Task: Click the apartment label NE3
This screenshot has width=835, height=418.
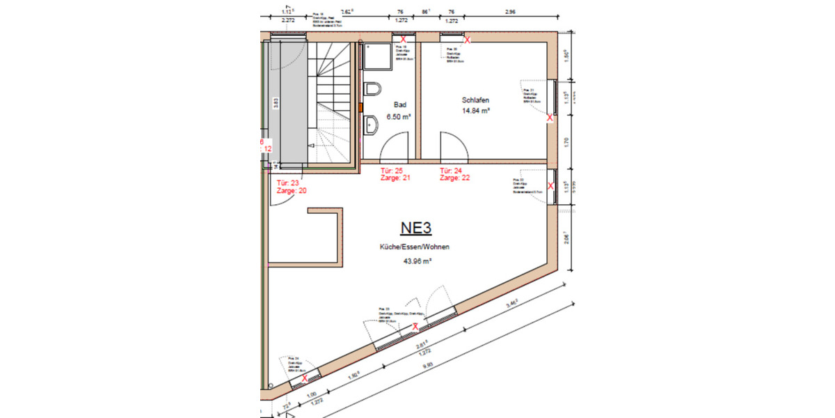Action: (x=416, y=228)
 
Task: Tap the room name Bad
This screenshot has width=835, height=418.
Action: (x=399, y=104)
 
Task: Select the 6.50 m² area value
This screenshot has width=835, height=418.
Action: (x=399, y=117)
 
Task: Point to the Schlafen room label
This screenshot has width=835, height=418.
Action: (x=475, y=100)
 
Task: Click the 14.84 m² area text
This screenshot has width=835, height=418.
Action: (x=477, y=111)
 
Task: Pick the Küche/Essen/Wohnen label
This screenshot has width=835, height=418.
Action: (x=415, y=247)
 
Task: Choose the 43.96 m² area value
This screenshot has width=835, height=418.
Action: (x=417, y=262)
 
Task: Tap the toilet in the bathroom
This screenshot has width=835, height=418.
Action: (x=372, y=91)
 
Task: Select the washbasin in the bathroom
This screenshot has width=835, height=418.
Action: (x=371, y=125)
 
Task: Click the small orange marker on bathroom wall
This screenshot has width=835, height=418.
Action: (x=360, y=107)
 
